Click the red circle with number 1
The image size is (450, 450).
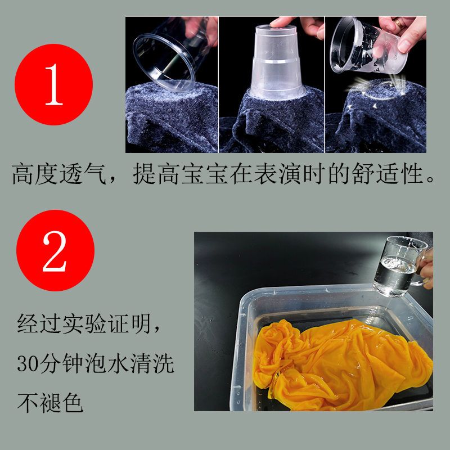(x=53, y=84)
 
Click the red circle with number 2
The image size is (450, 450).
(x=55, y=250)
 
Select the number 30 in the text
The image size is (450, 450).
(x=28, y=363)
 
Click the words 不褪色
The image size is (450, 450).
(x=50, y=403)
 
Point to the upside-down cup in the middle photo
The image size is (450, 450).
(x=277, y=62)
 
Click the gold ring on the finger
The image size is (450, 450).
(x=399, y=22)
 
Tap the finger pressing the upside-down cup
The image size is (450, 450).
(x=283, y=22)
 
